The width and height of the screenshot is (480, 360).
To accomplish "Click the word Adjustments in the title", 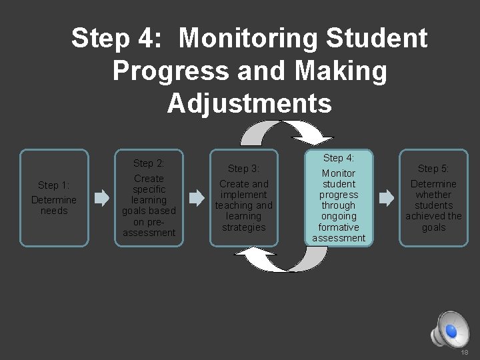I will (249, 103).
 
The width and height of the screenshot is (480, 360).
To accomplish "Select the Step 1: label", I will (54, 185).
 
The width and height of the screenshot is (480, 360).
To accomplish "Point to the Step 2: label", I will (149, 163).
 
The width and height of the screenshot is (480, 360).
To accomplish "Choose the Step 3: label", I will (243, 169).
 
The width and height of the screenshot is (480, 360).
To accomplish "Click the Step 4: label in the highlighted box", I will (339, 158).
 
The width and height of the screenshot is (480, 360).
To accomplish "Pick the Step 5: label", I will (433, 169).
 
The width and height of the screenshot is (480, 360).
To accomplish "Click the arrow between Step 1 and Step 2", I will (101, 198).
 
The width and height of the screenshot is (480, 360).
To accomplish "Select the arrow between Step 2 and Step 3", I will (197, 198).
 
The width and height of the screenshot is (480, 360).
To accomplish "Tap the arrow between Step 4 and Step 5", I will (386, 197).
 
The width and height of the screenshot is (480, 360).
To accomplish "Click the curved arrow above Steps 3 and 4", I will (287, 133).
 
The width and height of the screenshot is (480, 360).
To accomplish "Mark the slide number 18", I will (465, 351).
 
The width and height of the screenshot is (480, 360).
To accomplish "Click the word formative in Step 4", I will (339, 227).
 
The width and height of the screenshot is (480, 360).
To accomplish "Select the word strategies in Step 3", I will (244, 227).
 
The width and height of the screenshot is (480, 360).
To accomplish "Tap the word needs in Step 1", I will (54, 211).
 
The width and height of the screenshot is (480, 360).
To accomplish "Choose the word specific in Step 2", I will (149, 189).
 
